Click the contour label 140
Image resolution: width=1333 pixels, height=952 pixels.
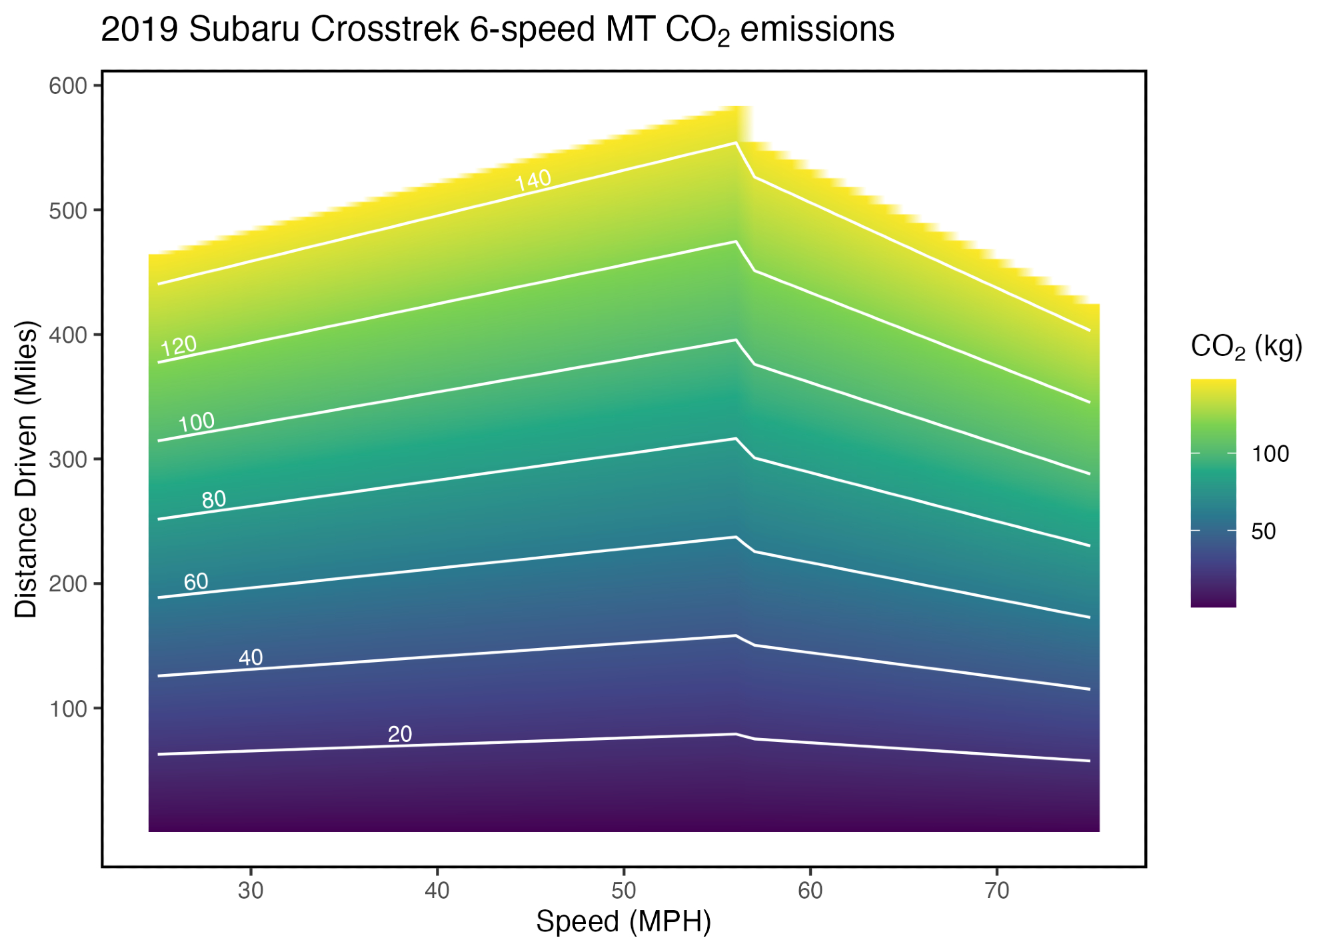pos(533,180)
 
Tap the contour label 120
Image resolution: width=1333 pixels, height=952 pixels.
pos(179,346)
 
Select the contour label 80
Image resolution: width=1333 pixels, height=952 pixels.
pos(214,499)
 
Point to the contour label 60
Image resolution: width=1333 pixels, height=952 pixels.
pos(196,582)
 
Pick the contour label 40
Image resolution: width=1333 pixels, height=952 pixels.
pos(251,658)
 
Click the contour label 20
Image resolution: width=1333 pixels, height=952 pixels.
pos(400,734)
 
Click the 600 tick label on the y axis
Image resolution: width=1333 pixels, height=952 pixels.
pos(68,86)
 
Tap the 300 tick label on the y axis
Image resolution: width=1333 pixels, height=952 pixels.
pos(68,459)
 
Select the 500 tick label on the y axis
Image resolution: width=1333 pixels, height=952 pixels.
pos(68,211)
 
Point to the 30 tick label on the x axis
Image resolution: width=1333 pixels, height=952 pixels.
pos(251,891)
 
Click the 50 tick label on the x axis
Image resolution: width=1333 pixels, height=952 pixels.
pos(624,891)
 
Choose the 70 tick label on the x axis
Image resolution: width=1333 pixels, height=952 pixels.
pos(997,891)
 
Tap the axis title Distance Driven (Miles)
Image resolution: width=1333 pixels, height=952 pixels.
pos(27,470)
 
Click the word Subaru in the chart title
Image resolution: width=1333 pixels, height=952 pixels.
pos(244,30)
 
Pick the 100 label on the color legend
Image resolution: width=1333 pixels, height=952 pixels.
pos(1270,454)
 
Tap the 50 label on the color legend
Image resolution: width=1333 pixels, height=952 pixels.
pos(1264,531)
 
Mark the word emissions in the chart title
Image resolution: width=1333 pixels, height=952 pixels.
pos(817,30)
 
